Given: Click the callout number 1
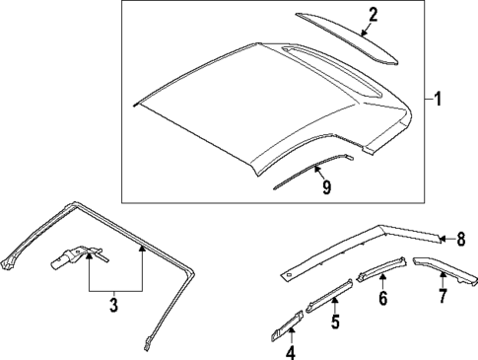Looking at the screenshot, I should click(439, 99).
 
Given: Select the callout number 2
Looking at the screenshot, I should click(373, 14).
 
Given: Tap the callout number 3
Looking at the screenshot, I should click(113, 306).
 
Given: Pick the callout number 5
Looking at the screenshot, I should click(334, 322).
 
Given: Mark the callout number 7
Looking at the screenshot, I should click(443, 295).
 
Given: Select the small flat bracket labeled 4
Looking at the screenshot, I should click(285, 324).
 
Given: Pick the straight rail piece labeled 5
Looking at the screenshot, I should click(330, 295).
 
